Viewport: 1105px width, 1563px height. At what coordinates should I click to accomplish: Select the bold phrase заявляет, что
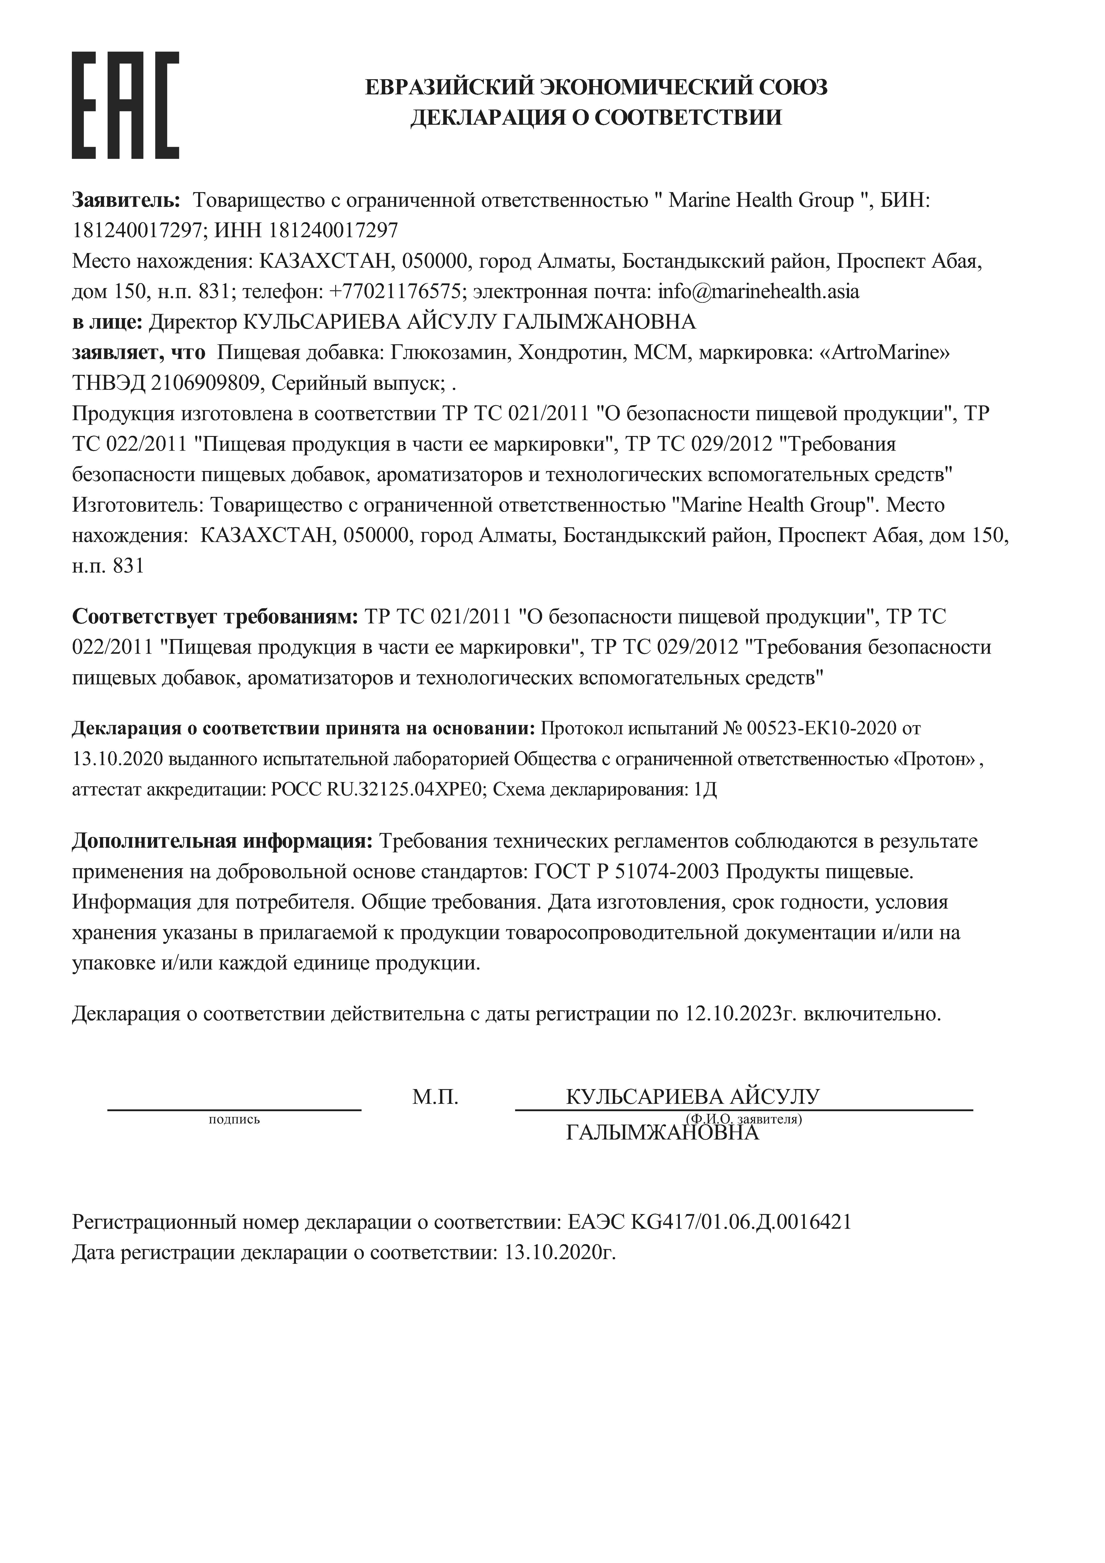pyautogui.click(x=138, y=353)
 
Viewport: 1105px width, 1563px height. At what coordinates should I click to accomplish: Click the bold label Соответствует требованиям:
pyautogui.click(x=215, y=617)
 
